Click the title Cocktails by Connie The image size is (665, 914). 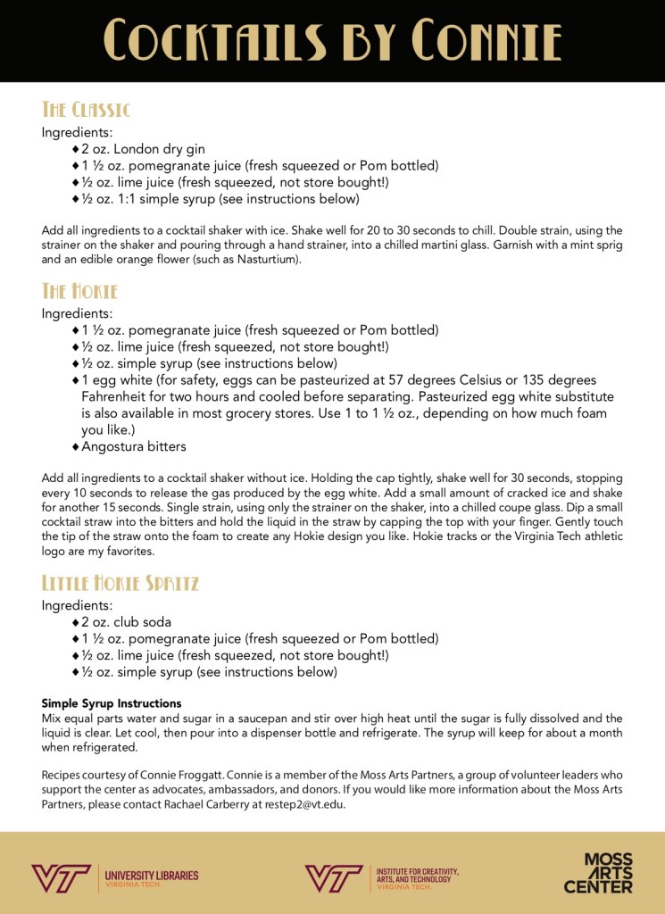(x=332, y=41)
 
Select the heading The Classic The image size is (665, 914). (x=86, y=110)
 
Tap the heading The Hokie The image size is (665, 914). (x=79, y=292)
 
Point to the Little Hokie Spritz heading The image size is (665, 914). (x=121, y=584)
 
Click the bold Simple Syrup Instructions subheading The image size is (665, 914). (x=112, y=703)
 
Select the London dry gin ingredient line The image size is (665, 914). (x=143, y=149)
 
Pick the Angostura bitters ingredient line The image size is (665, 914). (x=134, y=446)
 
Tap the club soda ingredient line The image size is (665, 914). (x=126, y=622)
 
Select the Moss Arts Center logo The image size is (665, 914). (x=598, y=873)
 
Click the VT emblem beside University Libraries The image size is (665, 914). (x=60, y=878)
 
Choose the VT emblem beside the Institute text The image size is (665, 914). (x=333, y=878)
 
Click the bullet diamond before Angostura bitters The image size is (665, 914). (x=76, y=446)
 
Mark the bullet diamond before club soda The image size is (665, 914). (x=76, y=622)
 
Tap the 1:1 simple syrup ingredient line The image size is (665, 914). (x=220, y=199)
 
